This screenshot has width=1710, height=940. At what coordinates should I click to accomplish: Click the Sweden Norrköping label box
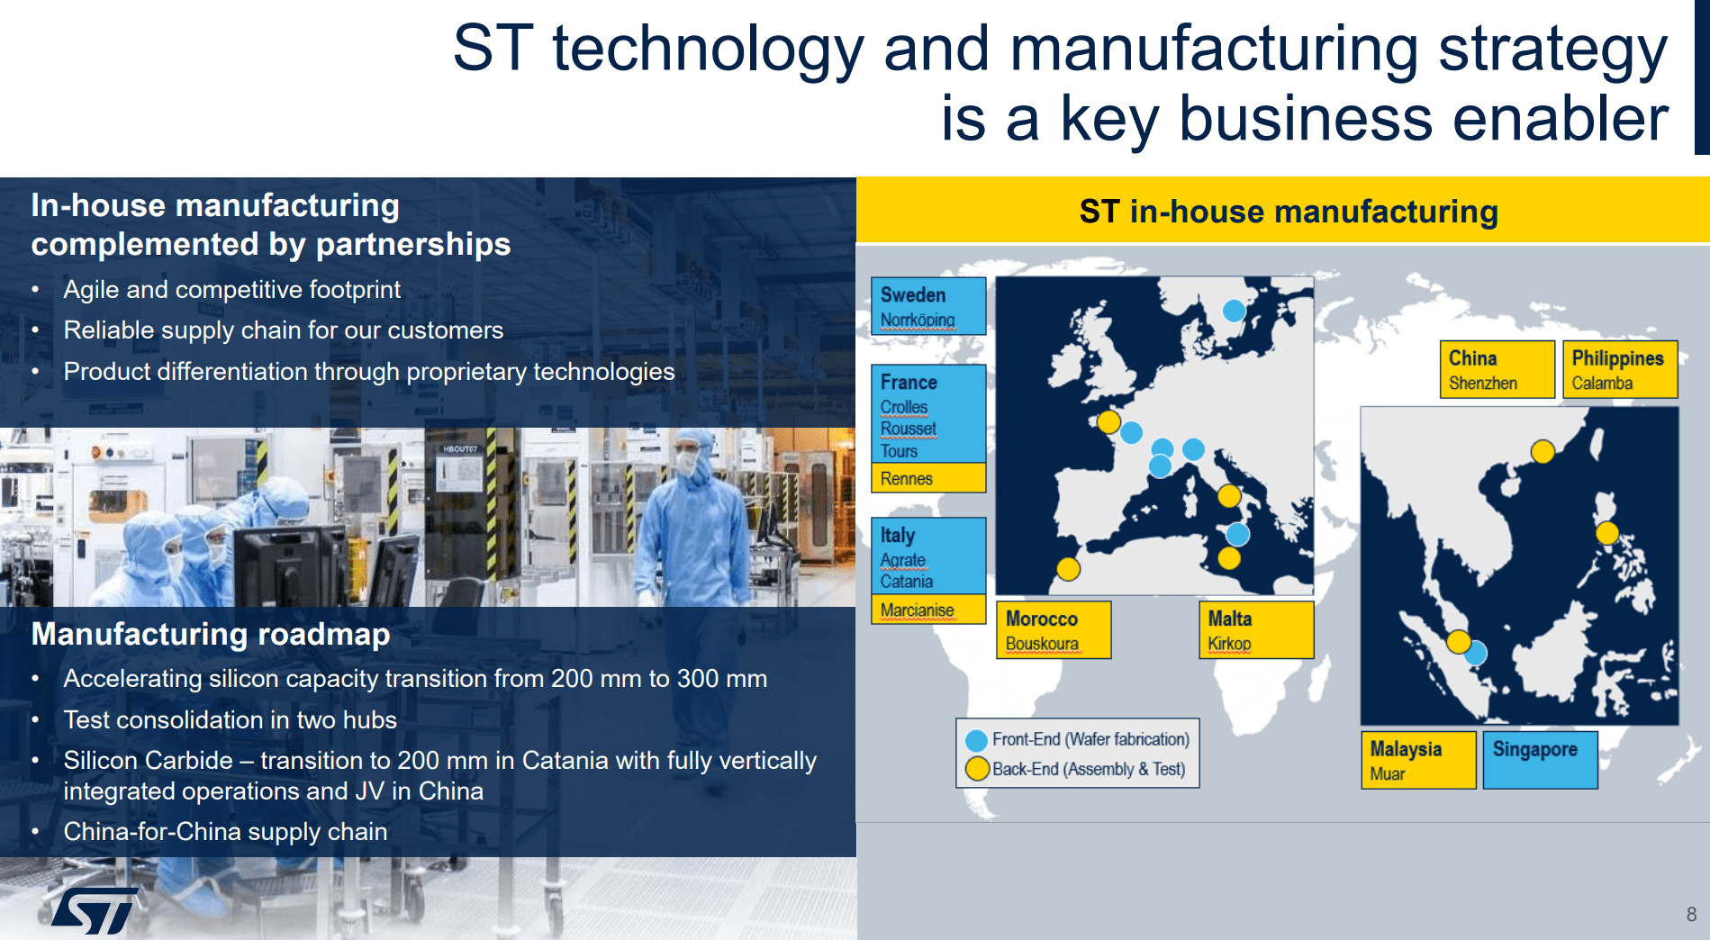[928, 306]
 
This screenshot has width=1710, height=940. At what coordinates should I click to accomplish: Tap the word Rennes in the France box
[907, 479]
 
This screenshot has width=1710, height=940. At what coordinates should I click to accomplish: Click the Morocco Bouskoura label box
[1054, 630]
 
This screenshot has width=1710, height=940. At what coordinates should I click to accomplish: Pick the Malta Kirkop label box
[1256, 630]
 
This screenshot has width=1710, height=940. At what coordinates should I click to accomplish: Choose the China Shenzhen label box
[1497, 369]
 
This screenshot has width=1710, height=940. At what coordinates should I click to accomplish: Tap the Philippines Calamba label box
[1620, 369]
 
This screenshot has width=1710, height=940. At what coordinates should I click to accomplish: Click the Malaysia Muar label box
[1418, 760]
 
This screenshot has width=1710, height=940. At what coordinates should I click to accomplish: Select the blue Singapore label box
[1540, 760]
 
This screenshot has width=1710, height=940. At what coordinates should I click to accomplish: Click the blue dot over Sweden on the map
[1234, 311]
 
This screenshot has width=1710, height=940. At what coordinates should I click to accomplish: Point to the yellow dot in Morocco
[1068, 569]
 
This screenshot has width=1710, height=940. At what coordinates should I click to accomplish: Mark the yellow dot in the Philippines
[1607, 533]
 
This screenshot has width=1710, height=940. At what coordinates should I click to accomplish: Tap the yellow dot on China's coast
[1543, 451]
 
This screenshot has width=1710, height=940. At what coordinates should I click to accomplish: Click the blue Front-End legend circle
[976, 741]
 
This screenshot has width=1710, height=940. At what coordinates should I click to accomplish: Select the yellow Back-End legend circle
[977, 769]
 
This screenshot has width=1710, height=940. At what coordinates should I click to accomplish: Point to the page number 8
[1691, 915]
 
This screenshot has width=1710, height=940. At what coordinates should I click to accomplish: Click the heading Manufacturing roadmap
[211, 634]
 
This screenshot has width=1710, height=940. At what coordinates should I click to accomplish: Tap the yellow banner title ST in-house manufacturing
[1289, 212]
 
